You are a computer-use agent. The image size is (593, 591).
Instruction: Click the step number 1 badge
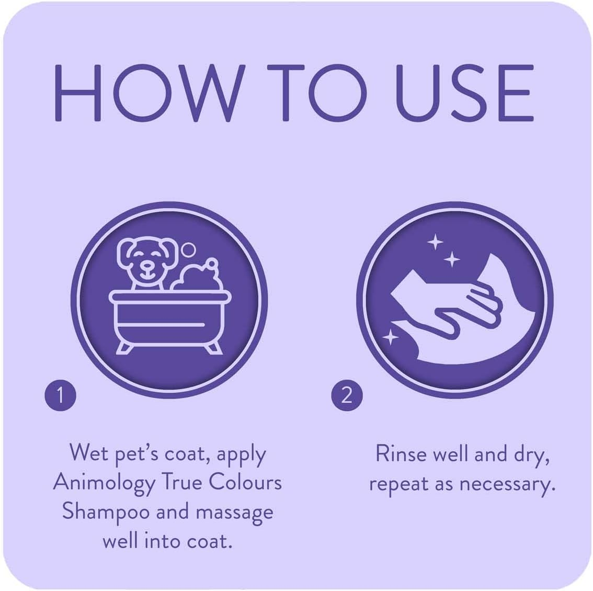[60, 395]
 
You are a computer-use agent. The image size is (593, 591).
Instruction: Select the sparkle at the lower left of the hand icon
[390, 337]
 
